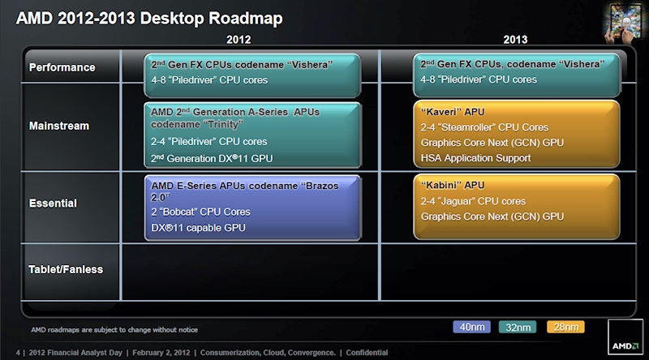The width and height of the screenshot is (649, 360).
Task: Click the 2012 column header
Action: (x=239, y=39)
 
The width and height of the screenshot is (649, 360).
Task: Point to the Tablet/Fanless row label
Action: (x=66, y=268)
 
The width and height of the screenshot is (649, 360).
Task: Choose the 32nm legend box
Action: (x=520, y=327)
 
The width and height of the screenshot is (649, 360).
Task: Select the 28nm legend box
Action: (x=567, y=327)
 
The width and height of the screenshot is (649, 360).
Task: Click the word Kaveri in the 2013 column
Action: (x=441, y=112)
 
